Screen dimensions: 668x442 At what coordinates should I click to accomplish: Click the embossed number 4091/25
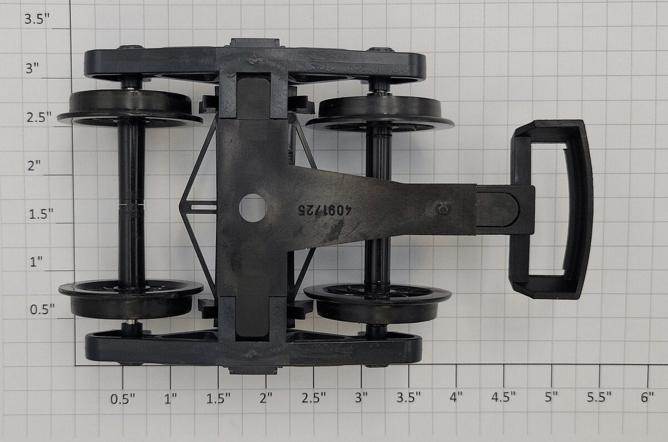pos(325,210)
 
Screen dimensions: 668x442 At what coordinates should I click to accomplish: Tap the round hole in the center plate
pos(253,208)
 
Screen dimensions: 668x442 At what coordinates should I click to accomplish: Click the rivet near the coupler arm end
pos(444,208)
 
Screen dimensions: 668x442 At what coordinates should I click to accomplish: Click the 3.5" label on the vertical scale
pos(37,19)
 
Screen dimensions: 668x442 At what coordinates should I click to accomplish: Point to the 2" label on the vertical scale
pos(34,166)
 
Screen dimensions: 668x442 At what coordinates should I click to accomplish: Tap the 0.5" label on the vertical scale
pos(42,309)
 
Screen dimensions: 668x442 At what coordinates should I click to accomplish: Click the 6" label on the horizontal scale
pos(647,397)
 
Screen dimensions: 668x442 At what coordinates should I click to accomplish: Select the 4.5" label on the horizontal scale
pos(503,397)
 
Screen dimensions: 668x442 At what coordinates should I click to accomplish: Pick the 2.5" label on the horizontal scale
pos(313,397)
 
